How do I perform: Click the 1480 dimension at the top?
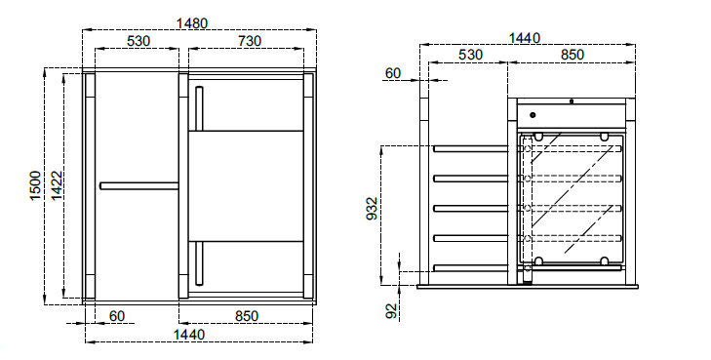tap(192, 23)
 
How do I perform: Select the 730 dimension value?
tap(250, 41)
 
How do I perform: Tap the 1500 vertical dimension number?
tap(35, 186)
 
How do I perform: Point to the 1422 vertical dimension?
tap(57, 186)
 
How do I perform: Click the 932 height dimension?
tap(372, 208)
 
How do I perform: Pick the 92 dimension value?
tap(391, 310)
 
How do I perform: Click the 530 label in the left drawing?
tap(138, 41)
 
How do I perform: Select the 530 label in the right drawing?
tap(470, 55)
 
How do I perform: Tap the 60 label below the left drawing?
tap(117, 316)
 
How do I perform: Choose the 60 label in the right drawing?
tap(393, 73)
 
